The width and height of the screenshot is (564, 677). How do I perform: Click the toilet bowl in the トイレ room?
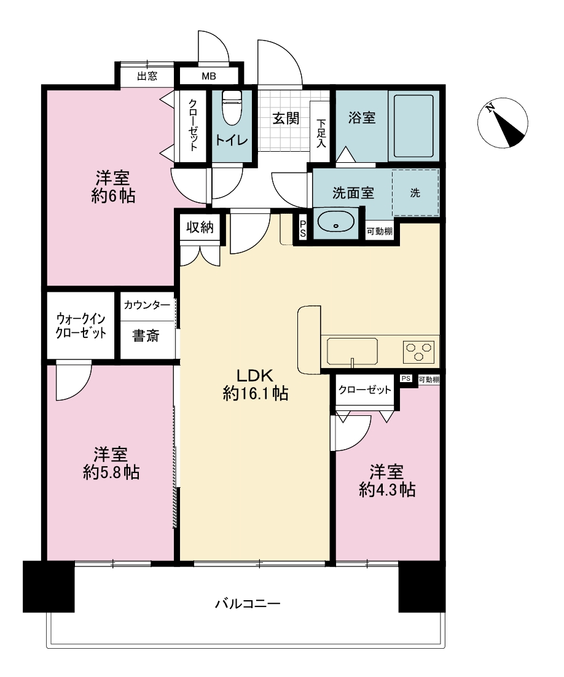[232, 108]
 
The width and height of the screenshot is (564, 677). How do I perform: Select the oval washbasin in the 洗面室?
[335, 222]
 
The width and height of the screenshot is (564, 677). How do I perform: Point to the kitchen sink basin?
[352, 351]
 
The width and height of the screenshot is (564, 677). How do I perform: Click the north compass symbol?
[503, 123]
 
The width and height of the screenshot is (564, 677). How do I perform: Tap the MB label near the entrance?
[209, 76]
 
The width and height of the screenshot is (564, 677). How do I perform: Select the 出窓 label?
[147, 76]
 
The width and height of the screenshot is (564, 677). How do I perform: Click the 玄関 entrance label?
[286, 118]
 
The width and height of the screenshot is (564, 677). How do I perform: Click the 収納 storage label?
[200, 227]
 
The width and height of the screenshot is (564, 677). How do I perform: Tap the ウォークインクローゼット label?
[80, 326]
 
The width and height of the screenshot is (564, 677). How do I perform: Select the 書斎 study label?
[146, 335]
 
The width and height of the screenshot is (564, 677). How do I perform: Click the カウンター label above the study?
[147, 305]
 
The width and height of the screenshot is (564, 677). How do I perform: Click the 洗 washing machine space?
[415, 192]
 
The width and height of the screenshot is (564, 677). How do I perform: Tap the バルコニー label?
[248, 603]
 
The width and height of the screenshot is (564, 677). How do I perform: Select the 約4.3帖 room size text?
[388, 490]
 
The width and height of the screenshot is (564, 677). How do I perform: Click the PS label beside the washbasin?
[303, 229]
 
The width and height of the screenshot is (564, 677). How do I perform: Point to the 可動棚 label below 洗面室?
[380, 232]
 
